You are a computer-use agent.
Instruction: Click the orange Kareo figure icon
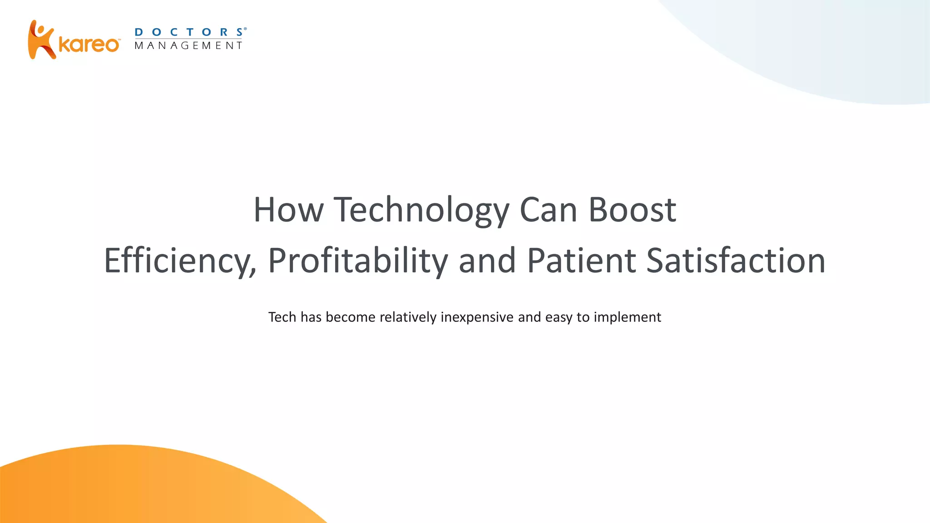41,40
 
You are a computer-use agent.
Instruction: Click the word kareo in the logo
89,44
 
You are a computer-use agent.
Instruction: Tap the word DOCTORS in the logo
188,32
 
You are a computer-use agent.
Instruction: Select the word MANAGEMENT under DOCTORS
188,45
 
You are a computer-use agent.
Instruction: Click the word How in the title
288,210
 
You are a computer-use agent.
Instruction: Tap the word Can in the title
548,210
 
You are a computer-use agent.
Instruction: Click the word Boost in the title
632,210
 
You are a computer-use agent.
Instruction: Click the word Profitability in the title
358,261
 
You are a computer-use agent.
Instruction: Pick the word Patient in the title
581,261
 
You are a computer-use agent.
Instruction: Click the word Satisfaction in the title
736,261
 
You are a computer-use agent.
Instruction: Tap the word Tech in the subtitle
282,317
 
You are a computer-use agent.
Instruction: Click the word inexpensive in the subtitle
477,317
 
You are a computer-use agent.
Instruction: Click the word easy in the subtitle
559,317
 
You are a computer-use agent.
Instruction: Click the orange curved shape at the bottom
136,490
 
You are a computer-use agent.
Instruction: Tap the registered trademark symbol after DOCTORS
245,29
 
